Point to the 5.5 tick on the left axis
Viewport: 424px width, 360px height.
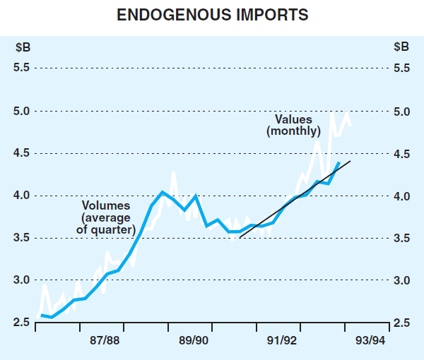(x=21, y=68)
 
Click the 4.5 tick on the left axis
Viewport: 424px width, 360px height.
(x=21, y=153)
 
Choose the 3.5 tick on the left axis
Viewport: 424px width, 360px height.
(x=21, y=238)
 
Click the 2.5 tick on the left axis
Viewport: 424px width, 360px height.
(x=21, y=323)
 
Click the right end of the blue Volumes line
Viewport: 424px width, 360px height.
(x=339, y=162)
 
